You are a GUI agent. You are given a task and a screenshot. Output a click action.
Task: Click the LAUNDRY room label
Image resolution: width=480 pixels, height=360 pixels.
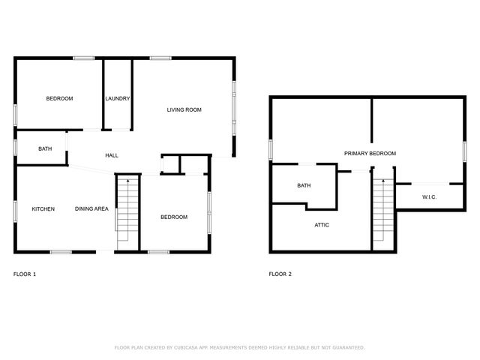point(118,99)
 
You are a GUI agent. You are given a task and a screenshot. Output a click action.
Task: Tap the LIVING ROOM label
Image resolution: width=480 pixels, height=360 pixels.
point(184,110)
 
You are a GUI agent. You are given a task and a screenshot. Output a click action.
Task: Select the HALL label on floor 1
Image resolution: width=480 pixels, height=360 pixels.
point(111,155)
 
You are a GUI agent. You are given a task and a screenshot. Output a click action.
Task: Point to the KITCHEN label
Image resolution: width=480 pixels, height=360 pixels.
point(43,208)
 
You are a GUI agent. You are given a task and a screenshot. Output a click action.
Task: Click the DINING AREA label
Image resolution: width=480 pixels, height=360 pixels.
point(90,208)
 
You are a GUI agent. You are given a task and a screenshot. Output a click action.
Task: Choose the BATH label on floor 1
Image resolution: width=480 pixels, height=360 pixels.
point(45,148)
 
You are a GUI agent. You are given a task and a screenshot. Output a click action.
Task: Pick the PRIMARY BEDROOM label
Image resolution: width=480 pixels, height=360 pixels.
point(370,153)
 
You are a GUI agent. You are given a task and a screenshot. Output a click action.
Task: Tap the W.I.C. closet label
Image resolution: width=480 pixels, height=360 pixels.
point(429,197)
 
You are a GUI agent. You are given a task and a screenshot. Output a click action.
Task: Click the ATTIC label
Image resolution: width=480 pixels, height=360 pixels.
point(321,224)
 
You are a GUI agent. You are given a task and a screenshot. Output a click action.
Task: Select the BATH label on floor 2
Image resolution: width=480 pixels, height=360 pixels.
point(304,185)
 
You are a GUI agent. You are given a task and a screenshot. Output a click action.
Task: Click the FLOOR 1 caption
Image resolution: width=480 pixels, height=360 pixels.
point(25,274)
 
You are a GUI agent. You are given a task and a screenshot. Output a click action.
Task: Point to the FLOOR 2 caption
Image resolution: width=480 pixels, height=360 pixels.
point(280,274)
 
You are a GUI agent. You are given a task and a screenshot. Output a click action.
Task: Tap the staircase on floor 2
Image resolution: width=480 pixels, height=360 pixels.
point(382,211)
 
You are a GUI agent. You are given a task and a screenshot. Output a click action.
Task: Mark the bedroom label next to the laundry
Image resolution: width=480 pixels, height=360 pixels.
point(59,99)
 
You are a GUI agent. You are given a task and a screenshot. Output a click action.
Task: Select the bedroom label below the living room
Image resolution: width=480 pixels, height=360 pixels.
point(174,217)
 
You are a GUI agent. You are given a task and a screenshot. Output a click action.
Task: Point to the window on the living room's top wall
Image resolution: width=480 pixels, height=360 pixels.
point(160,58)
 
